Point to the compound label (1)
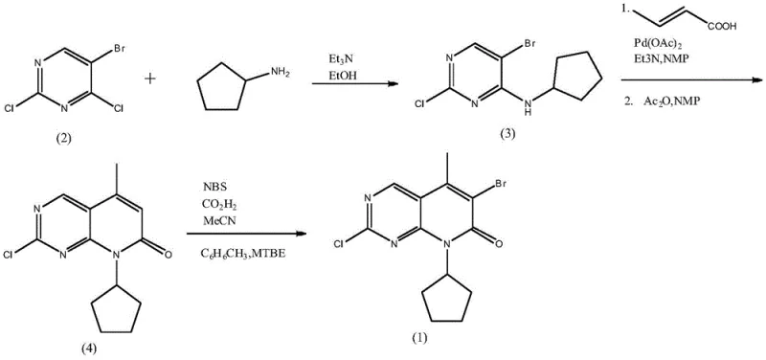418,340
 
